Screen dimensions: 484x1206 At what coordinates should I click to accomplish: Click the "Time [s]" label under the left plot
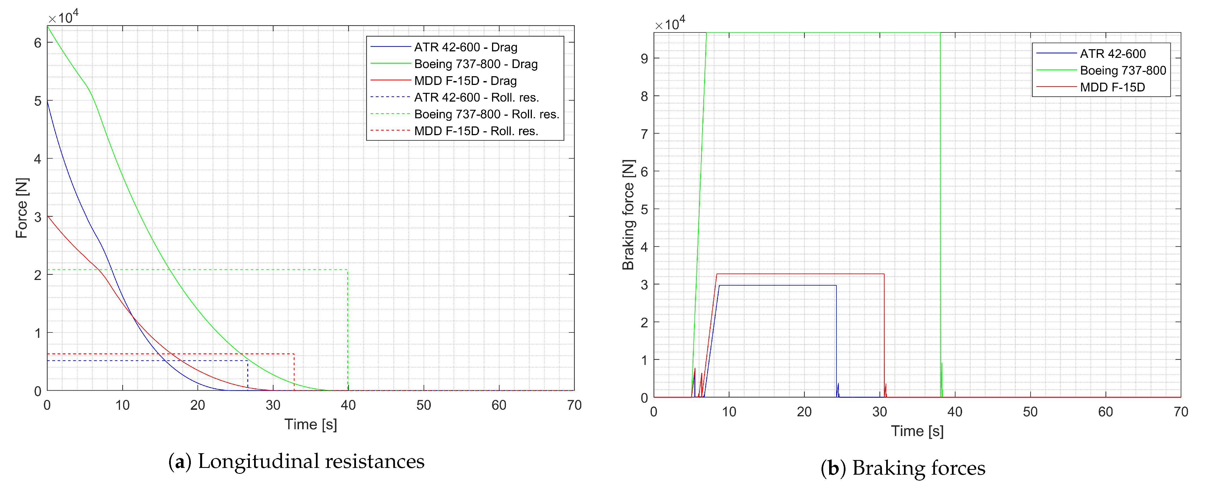[x=311, y=424]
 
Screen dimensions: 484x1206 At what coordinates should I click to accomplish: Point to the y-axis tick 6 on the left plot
[x=38, y=43]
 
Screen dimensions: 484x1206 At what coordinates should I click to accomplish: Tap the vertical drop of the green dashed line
[x=348, y=328]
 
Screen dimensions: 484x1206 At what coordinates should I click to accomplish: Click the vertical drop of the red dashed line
[x=294, y=372]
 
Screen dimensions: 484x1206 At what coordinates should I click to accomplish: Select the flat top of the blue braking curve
[x=777, y=286]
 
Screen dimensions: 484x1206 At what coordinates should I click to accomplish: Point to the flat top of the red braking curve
[x=801, y=274]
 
